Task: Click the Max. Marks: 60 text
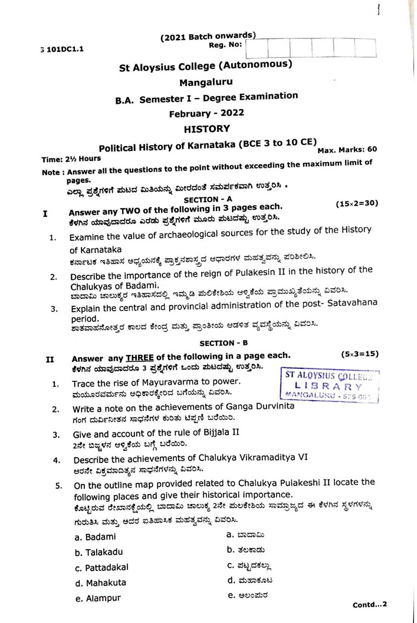[x=348, y=149]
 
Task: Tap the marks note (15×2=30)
[x=357, y=204]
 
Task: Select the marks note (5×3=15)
[x=360, y=354]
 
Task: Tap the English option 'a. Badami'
[x=96, y=537]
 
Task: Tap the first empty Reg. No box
[x=257, y=48]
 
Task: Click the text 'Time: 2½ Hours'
[x=71, y=159]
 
